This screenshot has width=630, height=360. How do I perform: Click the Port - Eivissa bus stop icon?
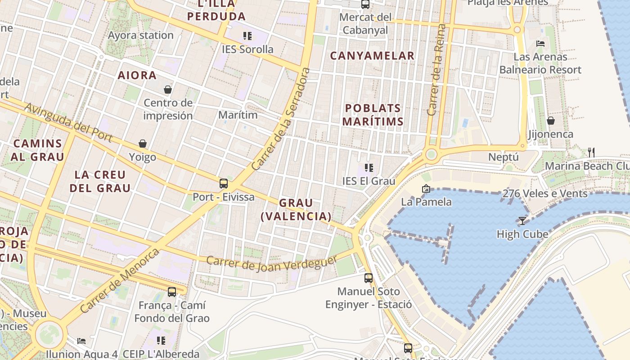click(224, 184)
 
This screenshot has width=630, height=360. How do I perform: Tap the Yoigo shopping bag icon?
click(143, 144)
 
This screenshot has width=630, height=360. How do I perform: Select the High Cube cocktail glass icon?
click(522, 220)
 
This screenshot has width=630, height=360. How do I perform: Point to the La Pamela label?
click(426, 202)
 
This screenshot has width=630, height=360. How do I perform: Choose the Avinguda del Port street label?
click(68, 122)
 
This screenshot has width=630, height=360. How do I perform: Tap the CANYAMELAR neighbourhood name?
click(372, 56)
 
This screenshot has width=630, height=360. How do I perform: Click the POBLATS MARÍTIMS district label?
click(373, 115)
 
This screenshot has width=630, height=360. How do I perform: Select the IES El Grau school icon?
click(369, 168)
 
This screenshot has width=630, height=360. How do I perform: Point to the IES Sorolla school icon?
click(247, 36)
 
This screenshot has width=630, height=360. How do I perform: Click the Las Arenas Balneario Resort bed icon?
click(540, 44)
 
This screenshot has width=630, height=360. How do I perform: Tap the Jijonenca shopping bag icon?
click(550, 121)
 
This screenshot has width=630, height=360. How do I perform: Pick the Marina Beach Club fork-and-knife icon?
click(591, 152)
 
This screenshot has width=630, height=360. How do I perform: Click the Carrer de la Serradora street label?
click(281, 119)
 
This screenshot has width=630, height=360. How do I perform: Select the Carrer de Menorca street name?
click(120, 281)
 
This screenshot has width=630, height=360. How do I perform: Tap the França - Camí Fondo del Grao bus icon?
click(172, 292)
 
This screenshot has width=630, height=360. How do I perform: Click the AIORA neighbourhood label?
click(137, 75)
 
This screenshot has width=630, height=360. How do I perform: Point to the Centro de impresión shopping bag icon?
click(168, 90)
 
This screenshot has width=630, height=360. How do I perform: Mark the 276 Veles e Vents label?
click(545, 193)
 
